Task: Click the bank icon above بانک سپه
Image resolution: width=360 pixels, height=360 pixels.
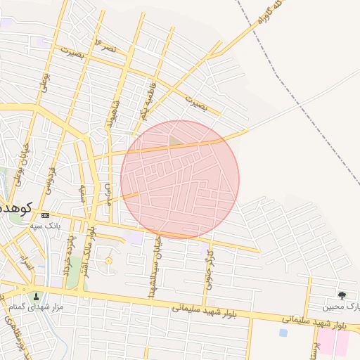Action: (46, 215)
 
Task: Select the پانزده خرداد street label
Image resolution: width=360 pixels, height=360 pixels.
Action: (67, 256)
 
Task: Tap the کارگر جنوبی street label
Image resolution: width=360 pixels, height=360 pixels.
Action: (208, 271)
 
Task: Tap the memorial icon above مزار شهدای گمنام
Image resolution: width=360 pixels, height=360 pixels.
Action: (37, 296)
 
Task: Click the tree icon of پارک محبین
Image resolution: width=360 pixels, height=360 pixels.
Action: (342, 295)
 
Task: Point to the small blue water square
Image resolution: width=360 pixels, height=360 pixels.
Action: (283, 333)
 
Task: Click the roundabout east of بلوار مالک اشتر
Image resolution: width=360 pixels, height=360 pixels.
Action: (108, 261)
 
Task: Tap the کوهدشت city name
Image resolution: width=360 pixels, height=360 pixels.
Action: (15, 208)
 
